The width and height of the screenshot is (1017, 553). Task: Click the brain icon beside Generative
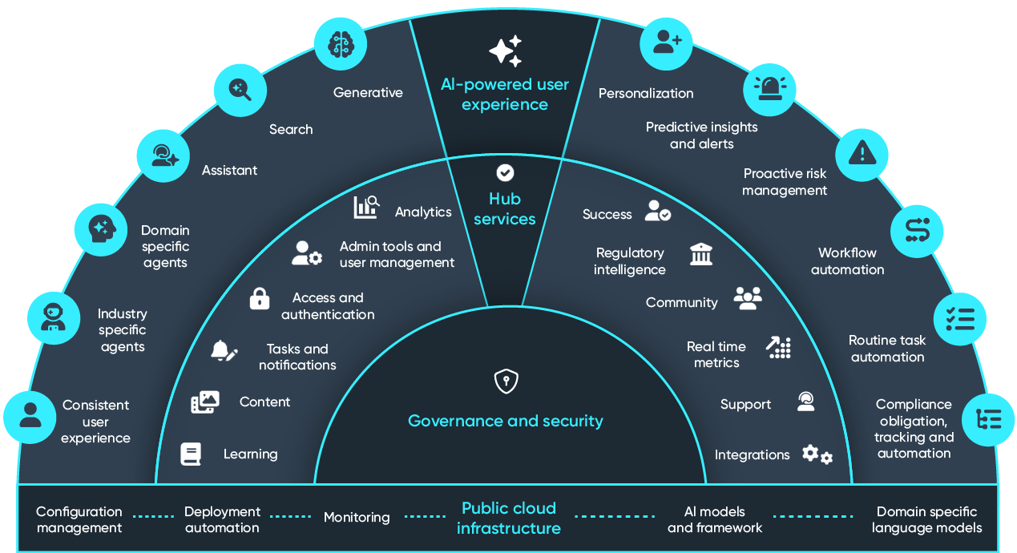pos(340,44)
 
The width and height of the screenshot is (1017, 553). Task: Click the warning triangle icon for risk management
pos(862,151)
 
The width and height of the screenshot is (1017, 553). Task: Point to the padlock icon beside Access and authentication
pos(259,298)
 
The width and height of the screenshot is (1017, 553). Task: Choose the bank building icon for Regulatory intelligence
pos(701,255)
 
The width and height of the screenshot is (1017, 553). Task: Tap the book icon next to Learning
pos(191,454)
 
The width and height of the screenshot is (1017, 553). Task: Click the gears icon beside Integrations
pos(817,454)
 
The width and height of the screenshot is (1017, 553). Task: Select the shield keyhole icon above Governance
pos(505,381)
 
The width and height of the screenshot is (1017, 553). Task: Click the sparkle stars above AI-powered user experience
pos(505,51)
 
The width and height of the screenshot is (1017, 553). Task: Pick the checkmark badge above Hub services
pos(505,172)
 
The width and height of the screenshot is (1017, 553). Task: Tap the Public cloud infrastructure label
pos(508,518)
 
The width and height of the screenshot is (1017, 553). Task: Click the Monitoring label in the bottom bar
pos(357,518)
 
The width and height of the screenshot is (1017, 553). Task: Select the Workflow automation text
pos(847,261)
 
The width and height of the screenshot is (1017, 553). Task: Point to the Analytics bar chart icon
pos(366,208)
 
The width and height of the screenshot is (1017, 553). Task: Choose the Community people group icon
pos(747,298)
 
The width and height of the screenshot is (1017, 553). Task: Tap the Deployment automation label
pos(222,519)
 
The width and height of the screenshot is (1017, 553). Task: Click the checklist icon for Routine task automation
pos(960,318)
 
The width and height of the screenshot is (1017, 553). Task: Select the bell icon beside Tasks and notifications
pos(223,351)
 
